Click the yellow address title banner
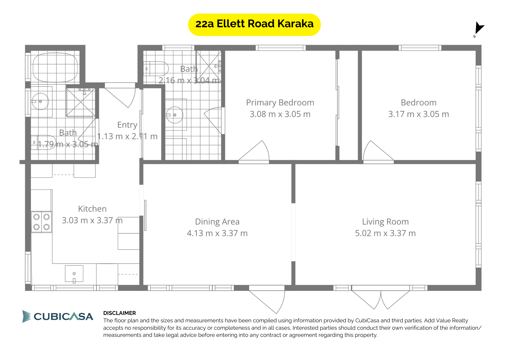[254, 25]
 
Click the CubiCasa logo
[58, 316]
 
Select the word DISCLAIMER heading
[119, 313]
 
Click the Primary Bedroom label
[280, 103]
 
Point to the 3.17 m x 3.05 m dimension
[418, 114]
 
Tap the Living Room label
[385, 222]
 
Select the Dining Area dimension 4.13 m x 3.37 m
[217, 233]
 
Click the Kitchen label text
[92, 209]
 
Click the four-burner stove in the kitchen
[41, 222]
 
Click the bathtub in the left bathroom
[55, 67]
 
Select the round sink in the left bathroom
[40, 101]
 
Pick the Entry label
[127, 125]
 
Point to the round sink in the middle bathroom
[175, 115]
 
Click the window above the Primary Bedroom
[280, 48]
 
